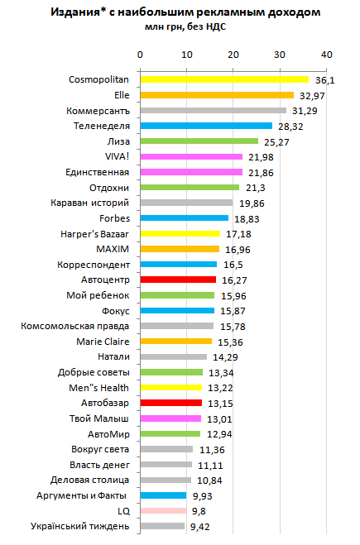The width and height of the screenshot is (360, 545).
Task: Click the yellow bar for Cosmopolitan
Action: pos(224,79)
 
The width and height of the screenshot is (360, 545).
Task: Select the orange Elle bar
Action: pos(217,95)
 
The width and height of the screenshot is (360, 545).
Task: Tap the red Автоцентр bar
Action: pos(178,280)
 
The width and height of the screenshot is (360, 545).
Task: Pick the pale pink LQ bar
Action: pos(164,510)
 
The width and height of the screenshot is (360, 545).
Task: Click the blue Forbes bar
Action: pos(185,218)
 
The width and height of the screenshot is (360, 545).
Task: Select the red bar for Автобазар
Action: pos(171,403)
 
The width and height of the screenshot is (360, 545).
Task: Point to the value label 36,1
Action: pos(325,80)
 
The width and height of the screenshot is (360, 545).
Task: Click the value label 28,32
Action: pos(290,127)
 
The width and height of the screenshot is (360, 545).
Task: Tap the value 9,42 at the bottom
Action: pos(200,527)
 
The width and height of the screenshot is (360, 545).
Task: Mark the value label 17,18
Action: pos(238,234)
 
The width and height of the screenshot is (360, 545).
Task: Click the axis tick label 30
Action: pos(279,55)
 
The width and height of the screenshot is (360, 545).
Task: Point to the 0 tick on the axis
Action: pos(140,55)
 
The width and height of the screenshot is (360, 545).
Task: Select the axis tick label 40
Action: pos(327,55)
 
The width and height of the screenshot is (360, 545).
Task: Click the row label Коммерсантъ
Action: pos(98,111)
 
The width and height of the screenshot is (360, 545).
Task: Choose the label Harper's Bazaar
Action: pos(94,234)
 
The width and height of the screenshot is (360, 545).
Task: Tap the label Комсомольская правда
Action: pos(74,326)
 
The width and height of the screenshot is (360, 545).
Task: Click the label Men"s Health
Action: pos(98,388)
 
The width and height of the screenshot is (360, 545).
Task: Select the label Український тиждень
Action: pos(79,526)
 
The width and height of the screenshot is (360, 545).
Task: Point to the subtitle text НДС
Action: pos(216,26)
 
